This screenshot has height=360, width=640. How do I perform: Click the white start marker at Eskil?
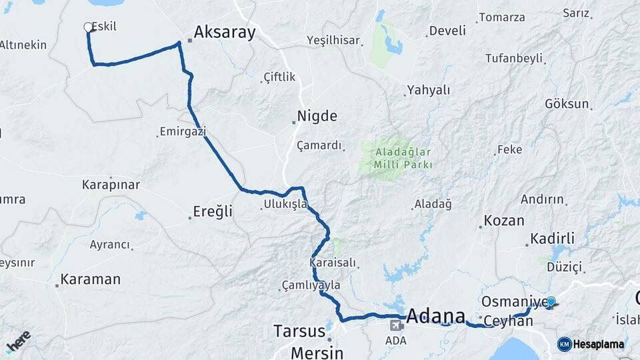[x=88, y=27]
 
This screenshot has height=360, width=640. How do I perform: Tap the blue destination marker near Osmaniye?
[x=551, y=302]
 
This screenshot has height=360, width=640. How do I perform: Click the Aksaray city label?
[x=225, y=32]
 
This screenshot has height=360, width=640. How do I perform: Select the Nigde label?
[x=317, y=116]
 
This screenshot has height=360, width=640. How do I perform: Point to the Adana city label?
[x=436, y=315]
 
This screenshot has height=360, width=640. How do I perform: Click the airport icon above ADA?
[x=396, y=325]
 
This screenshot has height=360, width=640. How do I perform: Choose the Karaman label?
[x=91, y=279]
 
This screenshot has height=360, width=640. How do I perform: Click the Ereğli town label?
[x=213, y=211]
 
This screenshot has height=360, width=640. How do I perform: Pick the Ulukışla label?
[x=285, y=204]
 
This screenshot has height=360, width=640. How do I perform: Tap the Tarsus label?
[x=300, y=331]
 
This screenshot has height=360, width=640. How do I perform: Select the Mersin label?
[x=317, y=352]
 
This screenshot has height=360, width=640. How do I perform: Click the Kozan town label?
[x=504, y=220]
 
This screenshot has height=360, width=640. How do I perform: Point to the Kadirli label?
[x=552, y=239]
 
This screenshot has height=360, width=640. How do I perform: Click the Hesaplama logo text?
[x=598, y=345]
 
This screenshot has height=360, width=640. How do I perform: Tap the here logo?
[x=18, y=342]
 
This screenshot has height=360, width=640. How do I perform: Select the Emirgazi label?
[x=183, y=132]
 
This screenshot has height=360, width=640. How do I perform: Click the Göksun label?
[x=567, y=104]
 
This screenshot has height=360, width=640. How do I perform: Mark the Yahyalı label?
[x=429, y=90]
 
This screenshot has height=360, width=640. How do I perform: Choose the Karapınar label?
[x=111, y=184]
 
